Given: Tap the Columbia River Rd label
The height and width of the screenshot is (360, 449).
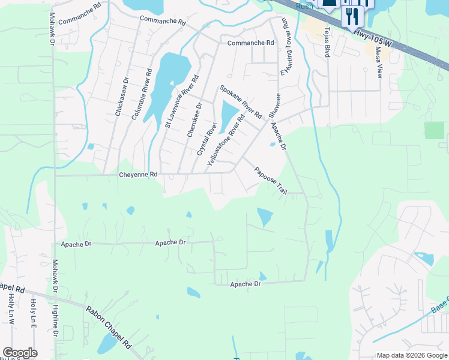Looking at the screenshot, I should (x=142, y=94).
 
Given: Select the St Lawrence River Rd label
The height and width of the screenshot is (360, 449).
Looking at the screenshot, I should (x=181, y=102).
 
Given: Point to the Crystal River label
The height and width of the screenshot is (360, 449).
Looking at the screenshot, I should (x=206, y=139).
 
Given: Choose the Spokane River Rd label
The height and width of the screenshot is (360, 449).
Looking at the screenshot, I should (x=240, y=101).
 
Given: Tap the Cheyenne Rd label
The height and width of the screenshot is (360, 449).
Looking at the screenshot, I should (x=137, y=174).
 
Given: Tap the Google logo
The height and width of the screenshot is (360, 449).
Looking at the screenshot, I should (x=19, y=353).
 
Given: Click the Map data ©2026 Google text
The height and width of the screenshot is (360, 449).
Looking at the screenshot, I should (x=411, y=355).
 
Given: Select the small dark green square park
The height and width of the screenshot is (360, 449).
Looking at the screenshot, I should (x=434, y=130).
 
